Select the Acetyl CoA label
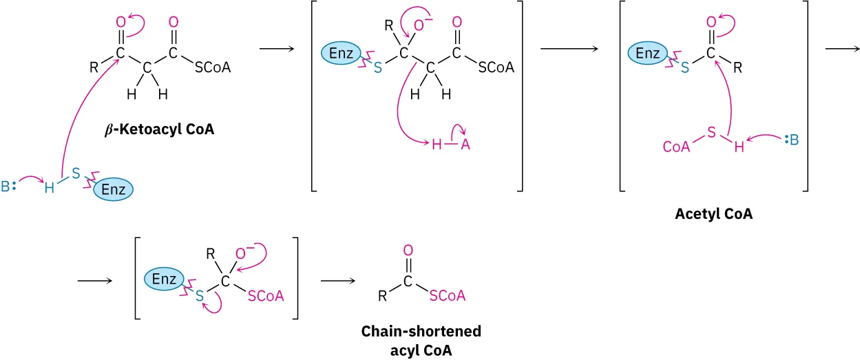713,214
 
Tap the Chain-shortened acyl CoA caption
421,340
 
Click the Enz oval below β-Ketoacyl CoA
113,190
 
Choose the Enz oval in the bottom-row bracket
165,279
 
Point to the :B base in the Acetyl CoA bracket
792,141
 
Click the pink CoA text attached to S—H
676,147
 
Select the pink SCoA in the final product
447,296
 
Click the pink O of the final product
408,250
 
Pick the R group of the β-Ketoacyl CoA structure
94,68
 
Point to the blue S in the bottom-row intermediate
200,296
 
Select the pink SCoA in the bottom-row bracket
266,296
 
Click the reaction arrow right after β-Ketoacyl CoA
277,49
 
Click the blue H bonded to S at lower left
49,187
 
